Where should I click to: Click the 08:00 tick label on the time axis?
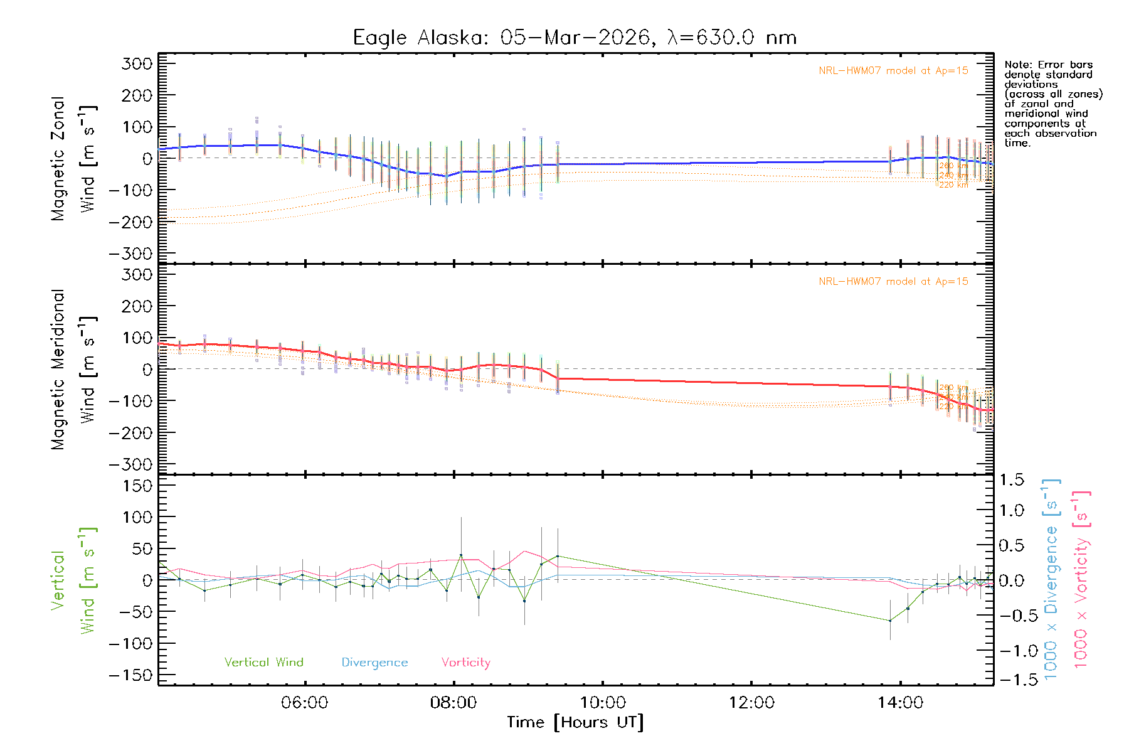pos(453,703)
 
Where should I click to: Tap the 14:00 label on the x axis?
pos(900,703)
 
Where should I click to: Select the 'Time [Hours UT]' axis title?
pos(575,723)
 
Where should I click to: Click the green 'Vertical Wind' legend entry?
pos(263,663)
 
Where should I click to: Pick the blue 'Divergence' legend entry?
pos(374,663)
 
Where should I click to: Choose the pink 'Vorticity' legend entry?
pos(465,663)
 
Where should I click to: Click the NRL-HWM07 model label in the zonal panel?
pos(893,71)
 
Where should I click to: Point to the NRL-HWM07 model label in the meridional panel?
pos(893,282)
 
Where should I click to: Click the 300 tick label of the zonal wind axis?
pos(137,63)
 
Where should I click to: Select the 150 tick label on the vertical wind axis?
pos(137,486)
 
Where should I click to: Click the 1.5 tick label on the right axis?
pos(1011,480)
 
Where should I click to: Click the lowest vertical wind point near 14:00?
pos(890,621)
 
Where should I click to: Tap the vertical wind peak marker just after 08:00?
pos(461,555)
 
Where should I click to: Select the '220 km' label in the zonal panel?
pos(953,185)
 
